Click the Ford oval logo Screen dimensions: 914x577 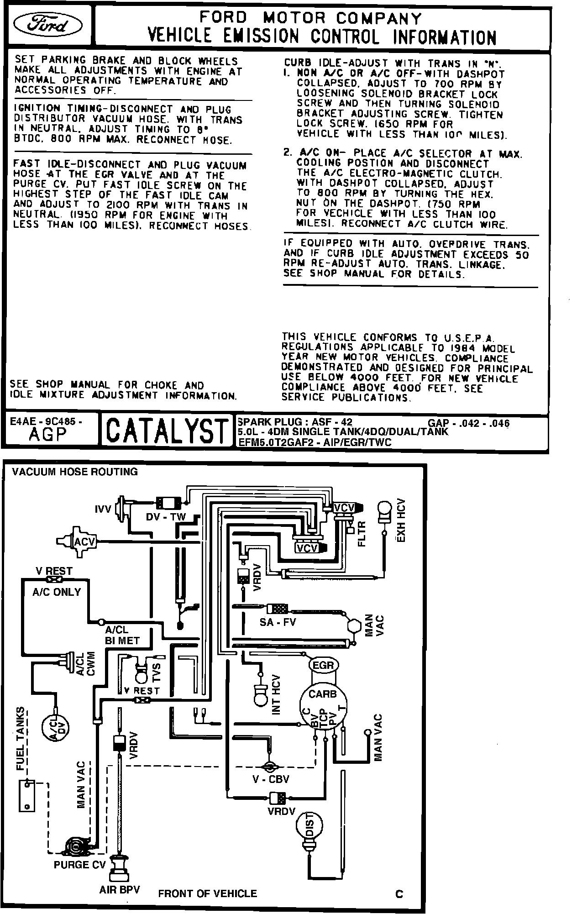point(48,26)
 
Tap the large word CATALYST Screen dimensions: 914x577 point(166,431)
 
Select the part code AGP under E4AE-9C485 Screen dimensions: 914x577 point(47,435)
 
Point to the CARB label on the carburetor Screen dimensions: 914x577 point(322,694)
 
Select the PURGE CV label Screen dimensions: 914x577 point(79,865)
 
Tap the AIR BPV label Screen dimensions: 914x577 point(120,890)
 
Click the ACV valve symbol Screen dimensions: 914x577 point(84,541)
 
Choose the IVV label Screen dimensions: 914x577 point(103,509)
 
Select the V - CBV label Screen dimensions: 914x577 point(271,779)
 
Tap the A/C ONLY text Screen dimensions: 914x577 point(57,592)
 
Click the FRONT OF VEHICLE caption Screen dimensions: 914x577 point(207,893)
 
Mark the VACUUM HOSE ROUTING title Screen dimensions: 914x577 point(75,472)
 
